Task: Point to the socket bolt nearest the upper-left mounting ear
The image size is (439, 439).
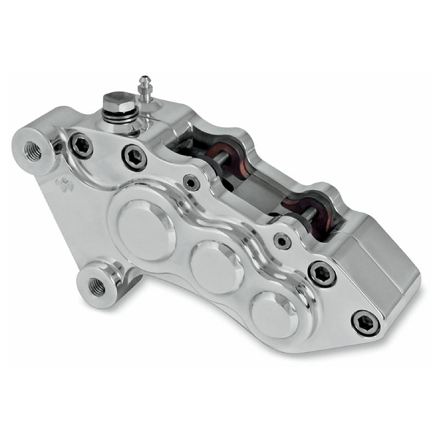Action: click(80, 146)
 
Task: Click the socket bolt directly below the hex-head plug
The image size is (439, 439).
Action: click(134, 157)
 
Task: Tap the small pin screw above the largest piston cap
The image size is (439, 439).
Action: click(192, 183)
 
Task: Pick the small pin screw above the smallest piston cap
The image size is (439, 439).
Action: click(282, 240)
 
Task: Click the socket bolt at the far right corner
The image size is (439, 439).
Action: click(365, 322)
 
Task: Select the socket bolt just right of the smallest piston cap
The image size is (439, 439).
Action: click(321, 274)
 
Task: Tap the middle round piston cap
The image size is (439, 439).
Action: click(217, 268)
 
